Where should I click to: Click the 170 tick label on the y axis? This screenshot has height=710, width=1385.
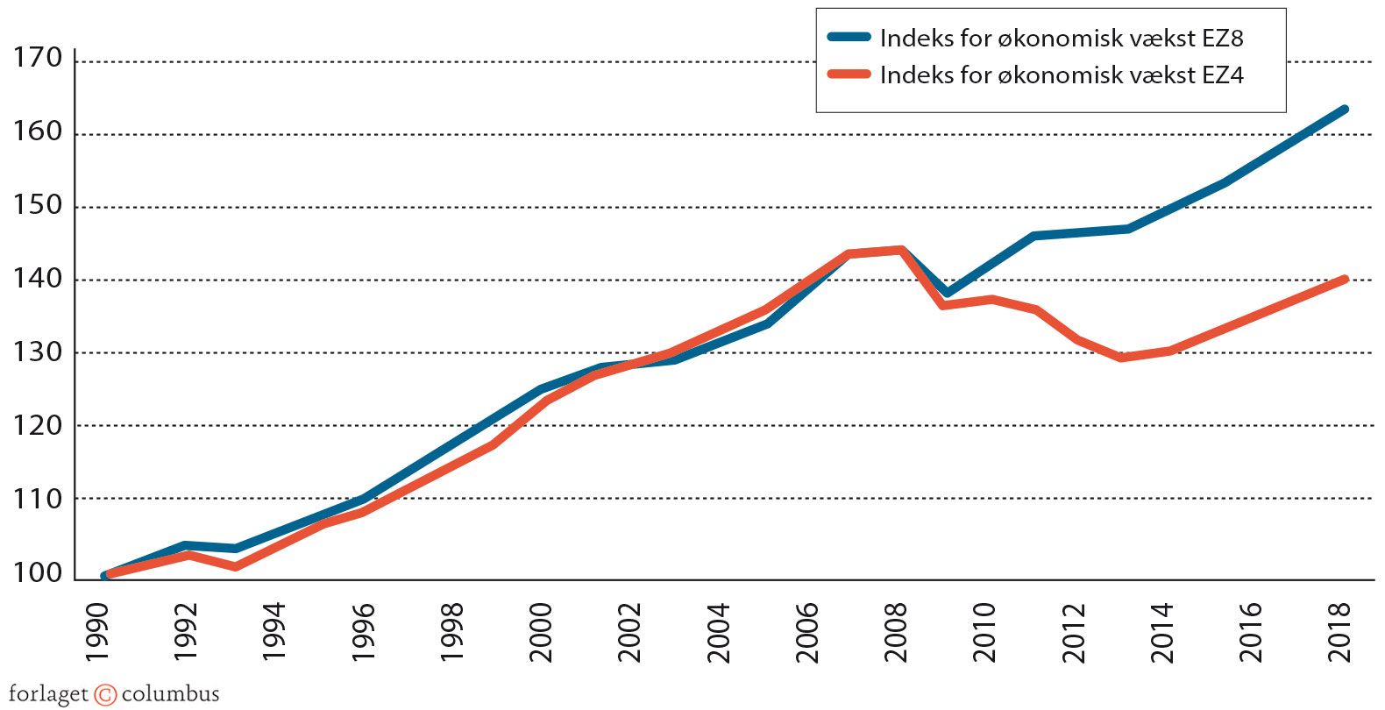(38, 59)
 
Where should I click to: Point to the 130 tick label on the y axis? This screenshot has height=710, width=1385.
(38, 352)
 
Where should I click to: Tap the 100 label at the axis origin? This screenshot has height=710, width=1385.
(38, 573)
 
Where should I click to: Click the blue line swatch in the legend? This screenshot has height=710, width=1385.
(849, 38)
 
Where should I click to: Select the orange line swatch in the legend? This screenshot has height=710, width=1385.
(849, 75)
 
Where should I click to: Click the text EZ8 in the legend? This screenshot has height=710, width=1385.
(1222, 39)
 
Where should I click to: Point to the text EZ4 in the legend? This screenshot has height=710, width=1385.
(1222, 75)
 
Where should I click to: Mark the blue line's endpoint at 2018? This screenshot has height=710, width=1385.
(1344, 110)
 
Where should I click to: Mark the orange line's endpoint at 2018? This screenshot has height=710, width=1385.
(1344, 279)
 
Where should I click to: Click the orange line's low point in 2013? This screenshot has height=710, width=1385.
(1122, 358)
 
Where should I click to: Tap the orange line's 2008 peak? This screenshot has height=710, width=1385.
(900, 250)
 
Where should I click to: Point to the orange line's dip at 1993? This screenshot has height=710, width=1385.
(236, 567)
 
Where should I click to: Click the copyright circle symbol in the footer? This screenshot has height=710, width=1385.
(105, 695)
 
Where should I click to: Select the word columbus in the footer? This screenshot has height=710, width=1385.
(170, 694)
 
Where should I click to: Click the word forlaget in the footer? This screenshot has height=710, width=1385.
(48, 695)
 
